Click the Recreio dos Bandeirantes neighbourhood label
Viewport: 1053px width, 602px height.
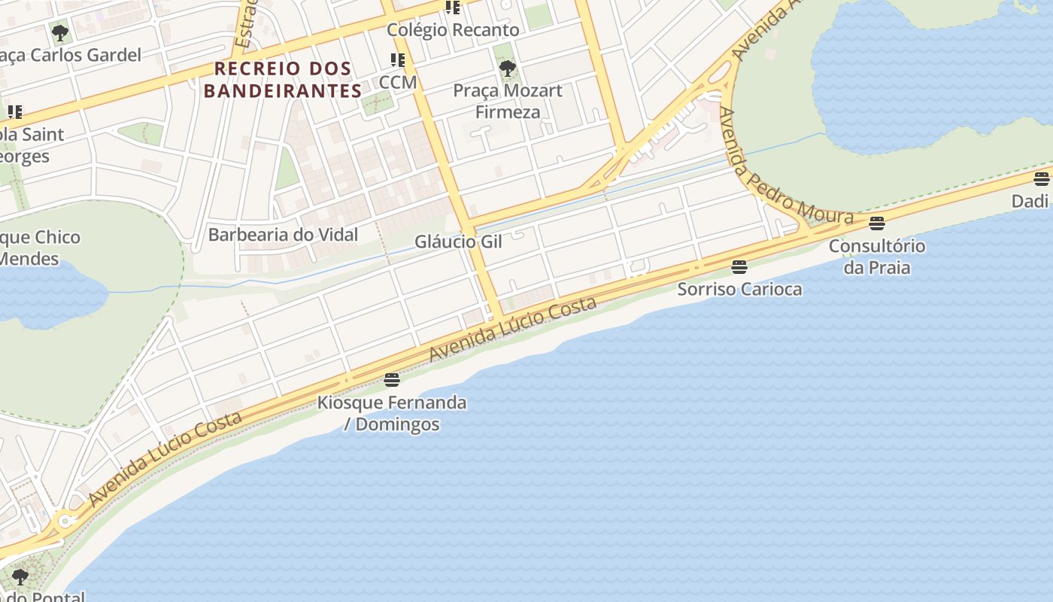pos(283,80)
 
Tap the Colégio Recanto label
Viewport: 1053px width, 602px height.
pos(453,30)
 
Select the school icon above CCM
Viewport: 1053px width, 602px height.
pos(397,60)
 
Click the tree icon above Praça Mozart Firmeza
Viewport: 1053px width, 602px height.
pos(508,69)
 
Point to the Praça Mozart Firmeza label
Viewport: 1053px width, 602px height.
pos(508,102)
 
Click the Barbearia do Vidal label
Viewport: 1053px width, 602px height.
pos(283,235)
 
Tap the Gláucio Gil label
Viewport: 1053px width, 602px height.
pos(458,242)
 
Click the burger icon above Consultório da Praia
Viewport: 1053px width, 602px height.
pos(876,223)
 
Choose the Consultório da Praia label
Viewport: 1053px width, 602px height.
pos(876,257)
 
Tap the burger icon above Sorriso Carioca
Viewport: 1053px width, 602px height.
pos(739,266)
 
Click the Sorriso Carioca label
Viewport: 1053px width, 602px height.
pos(739,289)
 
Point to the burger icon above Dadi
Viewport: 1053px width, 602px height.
pos(1041,179)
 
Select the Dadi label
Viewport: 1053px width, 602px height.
pos(1030,201)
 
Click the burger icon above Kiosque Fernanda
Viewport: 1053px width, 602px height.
pos(391,379)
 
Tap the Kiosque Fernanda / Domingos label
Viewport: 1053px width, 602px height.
pos(391,413)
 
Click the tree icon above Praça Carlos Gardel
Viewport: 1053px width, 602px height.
pos(59,33)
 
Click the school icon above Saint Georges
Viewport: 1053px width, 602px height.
pos(15,113)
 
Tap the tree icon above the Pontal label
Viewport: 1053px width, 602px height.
pos(20,577)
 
